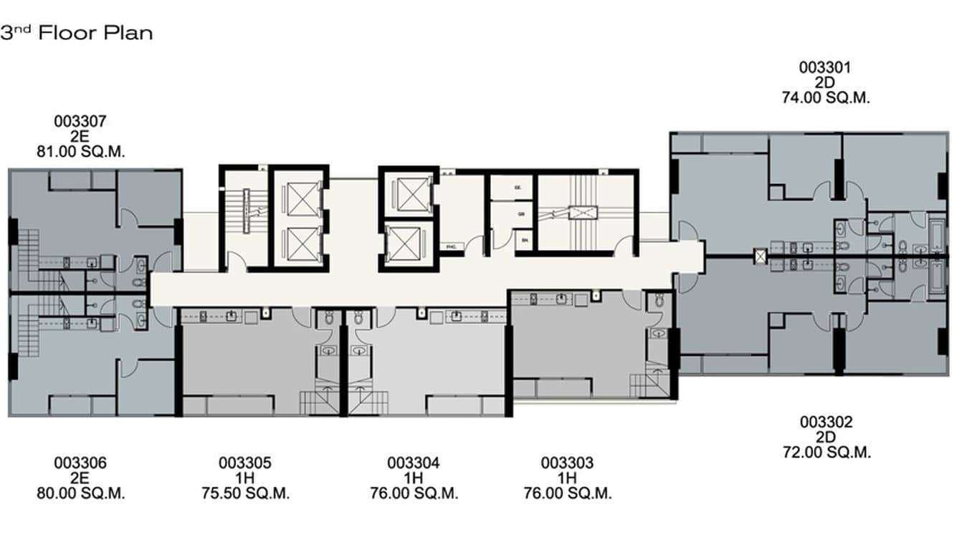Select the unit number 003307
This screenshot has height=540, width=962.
pyautogui.click(x=80, y=122)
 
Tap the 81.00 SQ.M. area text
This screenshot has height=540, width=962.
pyautogui.click(x=80, y=151)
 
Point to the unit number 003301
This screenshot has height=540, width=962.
pyautogui.click(x=825, y=68)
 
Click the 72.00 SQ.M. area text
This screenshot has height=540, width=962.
pyautogui.click(x=826, y=453)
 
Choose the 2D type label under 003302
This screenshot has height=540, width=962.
pyautogui.click(x=826, y=438)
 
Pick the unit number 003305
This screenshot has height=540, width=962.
pyautogui.click(x=245, y=464)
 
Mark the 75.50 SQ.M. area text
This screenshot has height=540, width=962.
pyautogui.click(x=245, y=494)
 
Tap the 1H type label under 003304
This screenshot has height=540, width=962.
pyautogui.click(x=414, y=479)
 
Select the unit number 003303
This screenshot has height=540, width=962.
pyautogui.click(x=567, y=464)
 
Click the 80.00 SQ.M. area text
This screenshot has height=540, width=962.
pyautogui.click(x=80, y=494)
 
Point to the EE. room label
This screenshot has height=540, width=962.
pyautogui.click(x=517, y=186)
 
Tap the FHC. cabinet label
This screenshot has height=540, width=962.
pyautogui.click(x=452, y=246)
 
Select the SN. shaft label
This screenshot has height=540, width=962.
pyautogui.click(x=524, y=241)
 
